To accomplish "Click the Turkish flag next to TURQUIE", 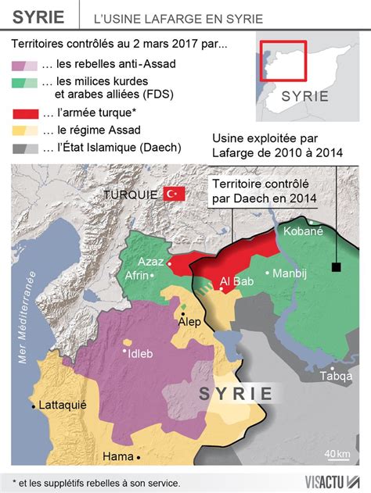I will (173, 194).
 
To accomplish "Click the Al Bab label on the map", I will (236, 281).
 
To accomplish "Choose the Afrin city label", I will (138, 275).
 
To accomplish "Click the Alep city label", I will (192, 321).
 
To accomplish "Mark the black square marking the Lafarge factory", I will (336, 267).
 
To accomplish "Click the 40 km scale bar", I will (337, 461).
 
